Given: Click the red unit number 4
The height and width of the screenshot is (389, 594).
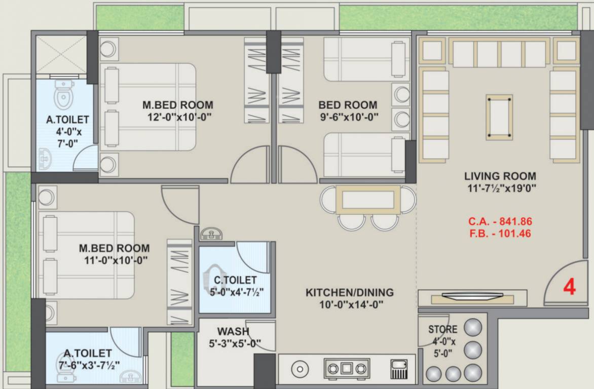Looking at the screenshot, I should pyautogui.click(x=570, y=287).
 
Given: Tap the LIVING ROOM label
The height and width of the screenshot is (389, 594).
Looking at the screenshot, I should pyautogui.click(x=500, y=176).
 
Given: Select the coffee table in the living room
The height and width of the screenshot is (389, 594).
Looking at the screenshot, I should pyautogui.click(x=499, y=117).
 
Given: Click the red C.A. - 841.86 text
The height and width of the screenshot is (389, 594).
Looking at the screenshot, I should pyautogui.click(x=500, y=221).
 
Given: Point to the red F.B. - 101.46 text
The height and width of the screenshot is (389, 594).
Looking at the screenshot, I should pyautogui.click(x=500, y=234).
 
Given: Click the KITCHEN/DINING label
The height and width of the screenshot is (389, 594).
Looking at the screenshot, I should pyautogui.click(x=349, y=292).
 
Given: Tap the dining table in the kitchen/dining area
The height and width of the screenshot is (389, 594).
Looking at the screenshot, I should pyautogui.click(x=368, y=200).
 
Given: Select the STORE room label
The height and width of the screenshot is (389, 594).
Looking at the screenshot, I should pyautogui.click(x=442, y=329).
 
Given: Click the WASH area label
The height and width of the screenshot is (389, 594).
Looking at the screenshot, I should pyautogui.click(x=233, y=331).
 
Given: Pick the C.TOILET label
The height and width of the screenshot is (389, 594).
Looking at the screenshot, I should pyautogui.click(x=235, y=280).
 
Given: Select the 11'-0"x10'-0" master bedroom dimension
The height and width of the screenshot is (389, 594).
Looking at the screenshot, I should pyautogui.click(x=114, y=260).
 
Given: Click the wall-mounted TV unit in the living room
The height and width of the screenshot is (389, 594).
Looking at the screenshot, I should pyautogui.click(x=472, y=297).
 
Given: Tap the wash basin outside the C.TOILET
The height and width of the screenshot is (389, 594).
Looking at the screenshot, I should pyautogui.click(x=211, y=234).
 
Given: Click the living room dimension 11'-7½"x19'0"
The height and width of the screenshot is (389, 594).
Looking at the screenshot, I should pyautogui.click(x=500, y=188).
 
